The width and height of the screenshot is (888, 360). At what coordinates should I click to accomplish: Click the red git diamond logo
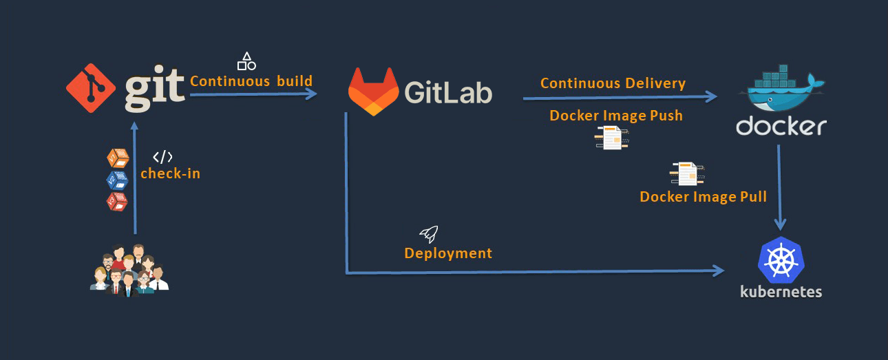(x=90, y=87)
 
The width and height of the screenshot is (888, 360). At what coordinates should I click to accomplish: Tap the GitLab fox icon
(x=373, y=92)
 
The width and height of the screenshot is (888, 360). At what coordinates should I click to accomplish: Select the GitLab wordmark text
(x=448, y=92)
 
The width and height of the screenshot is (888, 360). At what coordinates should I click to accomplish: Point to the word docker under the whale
(x=781, y=127)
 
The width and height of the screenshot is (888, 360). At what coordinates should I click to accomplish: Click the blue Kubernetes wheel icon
(x=781, y=260)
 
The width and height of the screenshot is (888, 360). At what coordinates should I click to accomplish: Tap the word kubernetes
(x=781, y=292)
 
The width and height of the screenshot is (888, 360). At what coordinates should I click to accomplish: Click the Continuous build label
(x=251, y=81)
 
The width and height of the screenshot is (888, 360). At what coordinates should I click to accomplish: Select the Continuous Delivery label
(x=613, y=83)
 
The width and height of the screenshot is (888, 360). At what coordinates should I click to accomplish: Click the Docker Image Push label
(x=616, y=116)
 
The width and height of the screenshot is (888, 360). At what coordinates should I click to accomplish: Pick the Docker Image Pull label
(x=703, y=197)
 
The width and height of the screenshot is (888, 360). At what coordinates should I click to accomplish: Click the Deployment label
(x=448, y=253)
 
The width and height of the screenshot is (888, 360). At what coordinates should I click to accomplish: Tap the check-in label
(x=170, y=173)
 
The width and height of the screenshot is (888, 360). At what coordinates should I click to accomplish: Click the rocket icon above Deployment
(x=429, y=234)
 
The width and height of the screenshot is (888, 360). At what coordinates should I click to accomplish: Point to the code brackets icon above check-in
(x=163, y=157)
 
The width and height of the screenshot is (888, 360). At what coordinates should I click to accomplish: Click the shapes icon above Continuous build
(x=246, y=61)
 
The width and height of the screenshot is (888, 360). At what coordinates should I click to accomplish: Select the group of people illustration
(x=129, y=269)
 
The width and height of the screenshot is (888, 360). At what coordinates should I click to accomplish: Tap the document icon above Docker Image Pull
(x=686, y=173)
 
